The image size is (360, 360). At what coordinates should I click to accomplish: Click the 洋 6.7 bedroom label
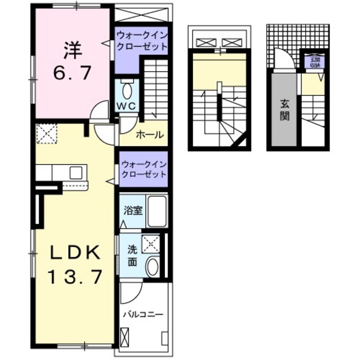72,60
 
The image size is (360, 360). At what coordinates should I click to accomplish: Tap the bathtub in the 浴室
157,211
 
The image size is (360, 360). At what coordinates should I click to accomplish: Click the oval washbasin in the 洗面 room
152,267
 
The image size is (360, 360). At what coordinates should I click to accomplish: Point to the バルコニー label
143,315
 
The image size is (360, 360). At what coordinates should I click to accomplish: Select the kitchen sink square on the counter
76,173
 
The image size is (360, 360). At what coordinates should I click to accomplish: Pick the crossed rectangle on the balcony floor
125,339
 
